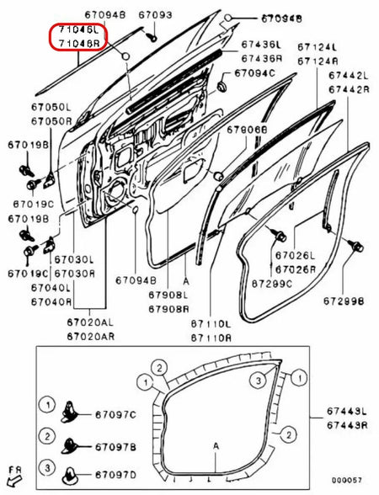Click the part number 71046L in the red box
tap(77, 29)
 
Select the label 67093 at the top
tap(155, 15)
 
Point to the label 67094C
tap(256, 74)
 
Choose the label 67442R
tap(347, 89)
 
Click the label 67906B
tap(247, 130)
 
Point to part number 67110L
tap(209, 323)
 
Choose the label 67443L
tap(347, 411)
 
